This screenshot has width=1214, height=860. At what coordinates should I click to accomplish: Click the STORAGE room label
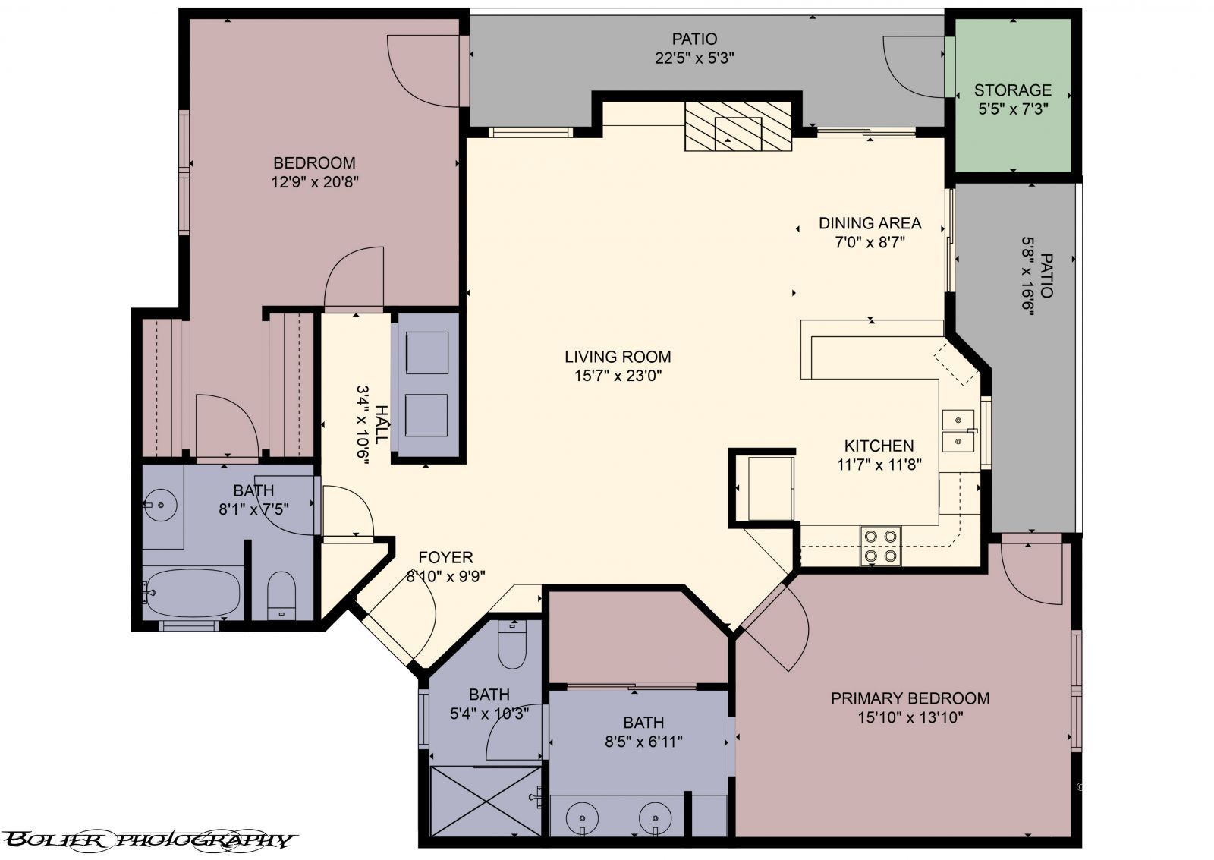(1012, 90)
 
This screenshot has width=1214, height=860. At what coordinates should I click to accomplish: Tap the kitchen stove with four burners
(880, 546)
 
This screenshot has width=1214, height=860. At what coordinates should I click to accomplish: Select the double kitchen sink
(958, 430)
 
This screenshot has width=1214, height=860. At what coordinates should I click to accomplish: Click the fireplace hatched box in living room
(738, 126)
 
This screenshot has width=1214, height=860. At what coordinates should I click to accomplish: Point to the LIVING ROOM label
(618, 356)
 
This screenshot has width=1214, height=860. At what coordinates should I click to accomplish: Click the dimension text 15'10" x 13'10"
(909, 717)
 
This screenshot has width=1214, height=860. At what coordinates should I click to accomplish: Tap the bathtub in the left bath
(193, 593)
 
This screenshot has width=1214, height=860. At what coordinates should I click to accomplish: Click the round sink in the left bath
(161, 503)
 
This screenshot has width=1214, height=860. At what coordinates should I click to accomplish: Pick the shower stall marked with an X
(486, 801)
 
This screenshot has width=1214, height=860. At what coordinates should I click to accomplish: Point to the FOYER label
(445, 557)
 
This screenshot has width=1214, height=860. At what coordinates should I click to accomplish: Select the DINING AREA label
(870, 223)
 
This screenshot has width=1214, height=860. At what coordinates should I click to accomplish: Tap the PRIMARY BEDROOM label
(909, 698)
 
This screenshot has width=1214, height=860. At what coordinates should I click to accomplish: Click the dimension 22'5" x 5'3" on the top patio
(694, 58)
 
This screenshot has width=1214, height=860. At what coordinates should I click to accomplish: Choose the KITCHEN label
(879, 446)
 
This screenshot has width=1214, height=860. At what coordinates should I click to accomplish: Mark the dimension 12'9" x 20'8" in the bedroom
(314, 182)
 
